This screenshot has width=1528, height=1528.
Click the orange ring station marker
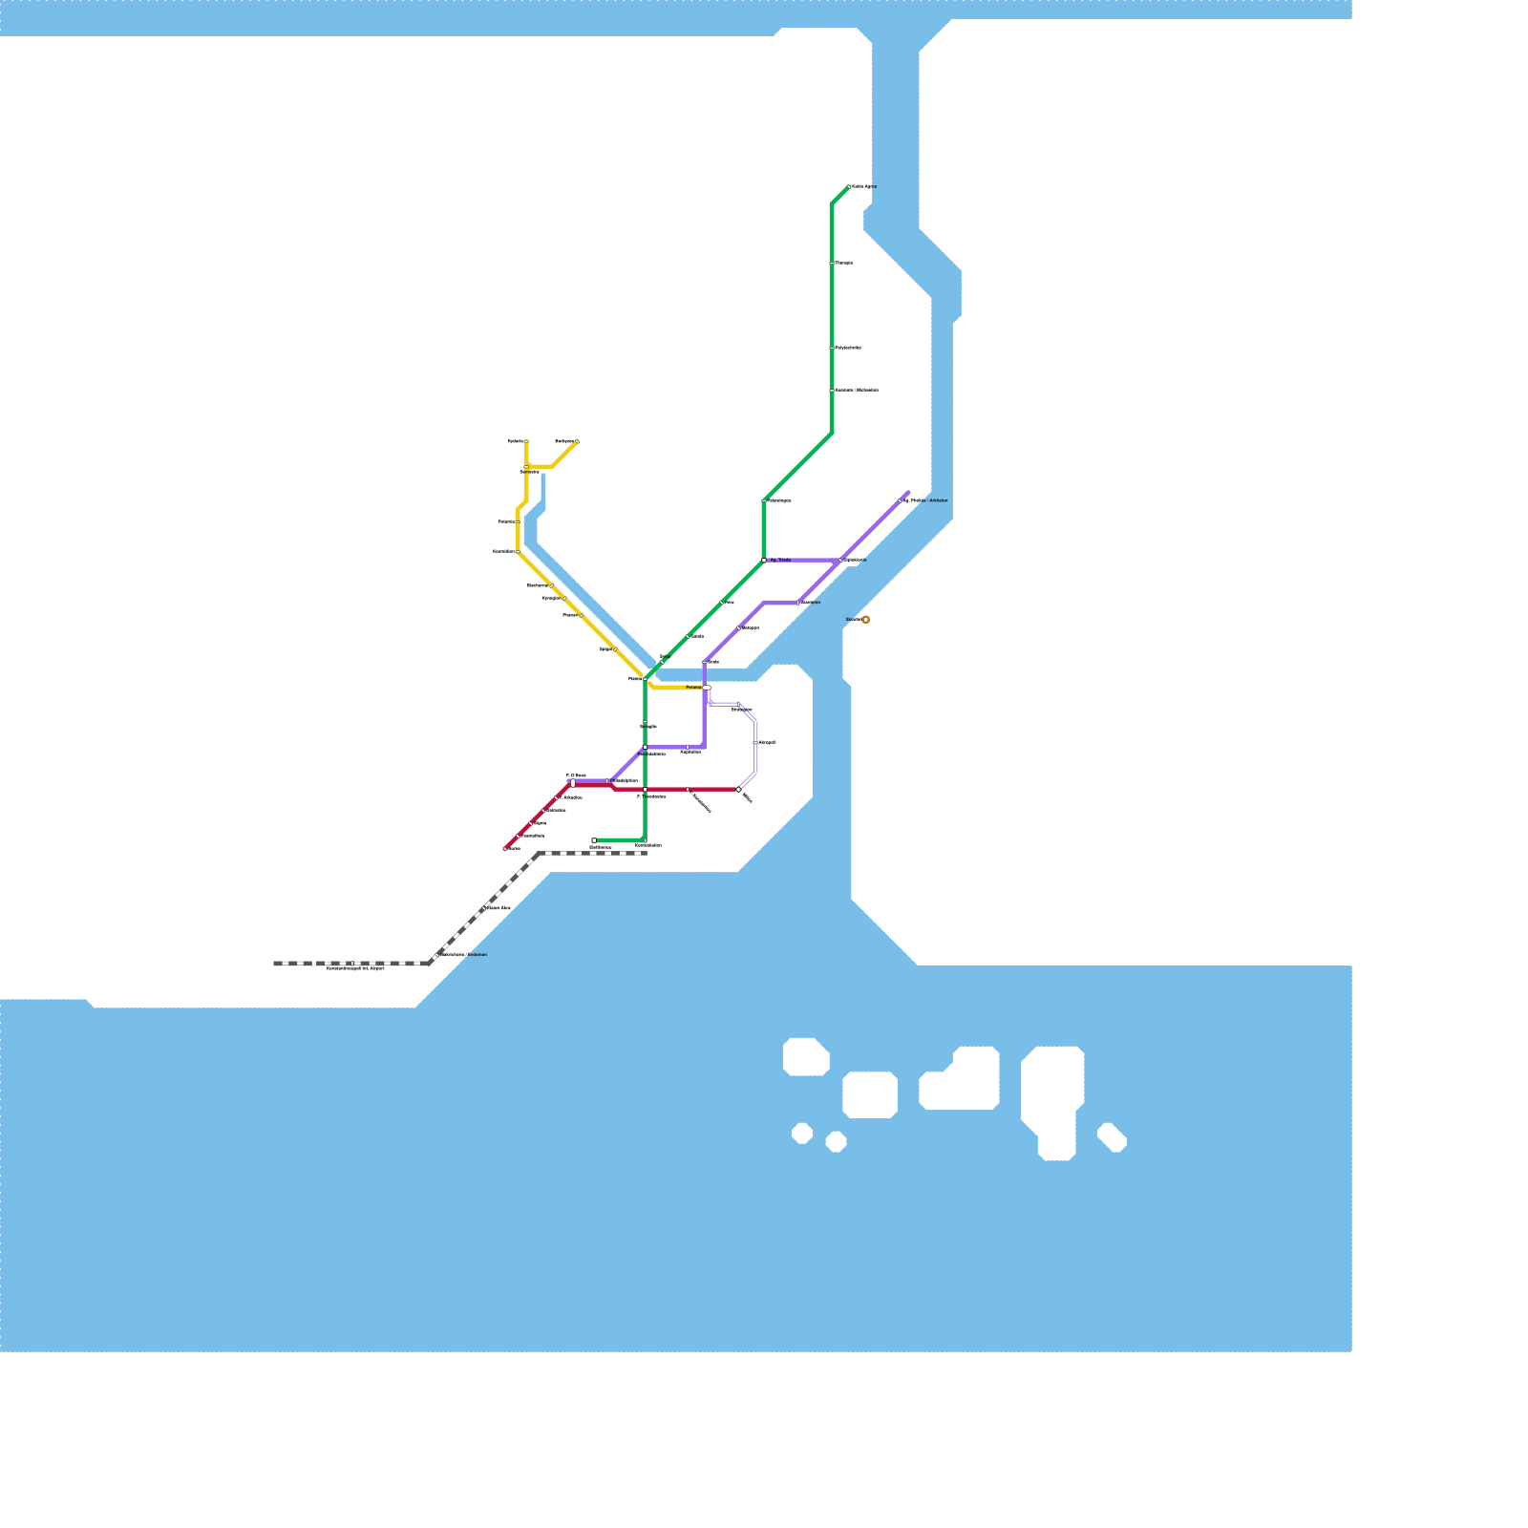pos(865,620)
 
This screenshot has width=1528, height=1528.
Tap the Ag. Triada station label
pos(780,561)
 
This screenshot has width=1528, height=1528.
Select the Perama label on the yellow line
pos(693,688)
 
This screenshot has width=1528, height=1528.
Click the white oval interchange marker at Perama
pos(707,688)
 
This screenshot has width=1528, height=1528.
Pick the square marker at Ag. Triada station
pos(764,561)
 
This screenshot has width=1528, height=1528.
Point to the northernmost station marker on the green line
pos(849,187)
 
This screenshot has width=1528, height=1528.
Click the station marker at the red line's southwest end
pos(505,848)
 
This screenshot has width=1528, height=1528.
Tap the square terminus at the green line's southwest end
pos(594,840)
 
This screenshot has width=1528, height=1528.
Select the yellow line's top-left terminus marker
pos(526,442)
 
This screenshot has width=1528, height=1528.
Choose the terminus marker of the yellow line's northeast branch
pos(577,441)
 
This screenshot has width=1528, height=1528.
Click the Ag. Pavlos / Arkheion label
pos(925,500)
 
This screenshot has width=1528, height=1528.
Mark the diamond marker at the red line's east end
pos(738,790)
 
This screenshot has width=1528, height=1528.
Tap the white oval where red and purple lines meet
pos(572,783)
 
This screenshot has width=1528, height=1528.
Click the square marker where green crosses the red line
pos(645,790)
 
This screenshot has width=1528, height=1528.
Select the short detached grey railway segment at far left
pos(292,964)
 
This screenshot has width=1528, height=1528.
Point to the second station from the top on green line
pos(832,264)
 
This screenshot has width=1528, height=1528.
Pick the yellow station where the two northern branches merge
pos(526,467)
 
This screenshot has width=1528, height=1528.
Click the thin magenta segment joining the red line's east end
pos(748,780)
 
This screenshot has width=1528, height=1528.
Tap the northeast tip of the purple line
pos(907,493)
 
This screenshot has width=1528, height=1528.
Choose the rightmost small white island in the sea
pos(1112,1137)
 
